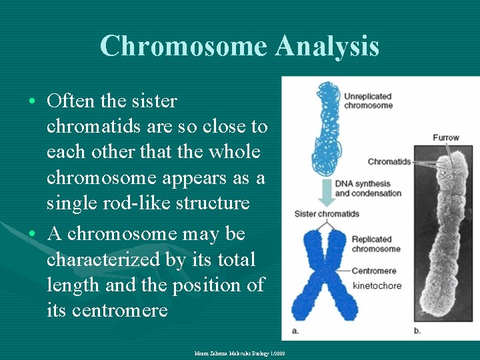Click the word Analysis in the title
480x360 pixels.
pyautogui.click(x=327, y=46)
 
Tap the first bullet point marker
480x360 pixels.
pyautogui.click(x=32, y=102)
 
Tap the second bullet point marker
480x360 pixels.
pyautogui.click(x=32, y=235)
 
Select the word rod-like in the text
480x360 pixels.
pyautogui.click(x=124, y=203)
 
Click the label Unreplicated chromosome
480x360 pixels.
pyautogui.click(x=368, y=101)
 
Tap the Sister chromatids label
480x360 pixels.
pyautogui.click(x=327, y=214)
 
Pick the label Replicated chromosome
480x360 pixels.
pyautogui.click(x=376, y=244)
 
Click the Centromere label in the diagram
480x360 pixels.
pyautogui.click(x=374, y=271)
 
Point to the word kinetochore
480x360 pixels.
pyautogui.click(x=377, y=285)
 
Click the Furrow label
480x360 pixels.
pyautogui.click(x=445, y=138)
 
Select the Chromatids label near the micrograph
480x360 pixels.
pyautogui.click(x=389, y=161)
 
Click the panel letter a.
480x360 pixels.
pyautogui.click(x=295, y=330)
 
